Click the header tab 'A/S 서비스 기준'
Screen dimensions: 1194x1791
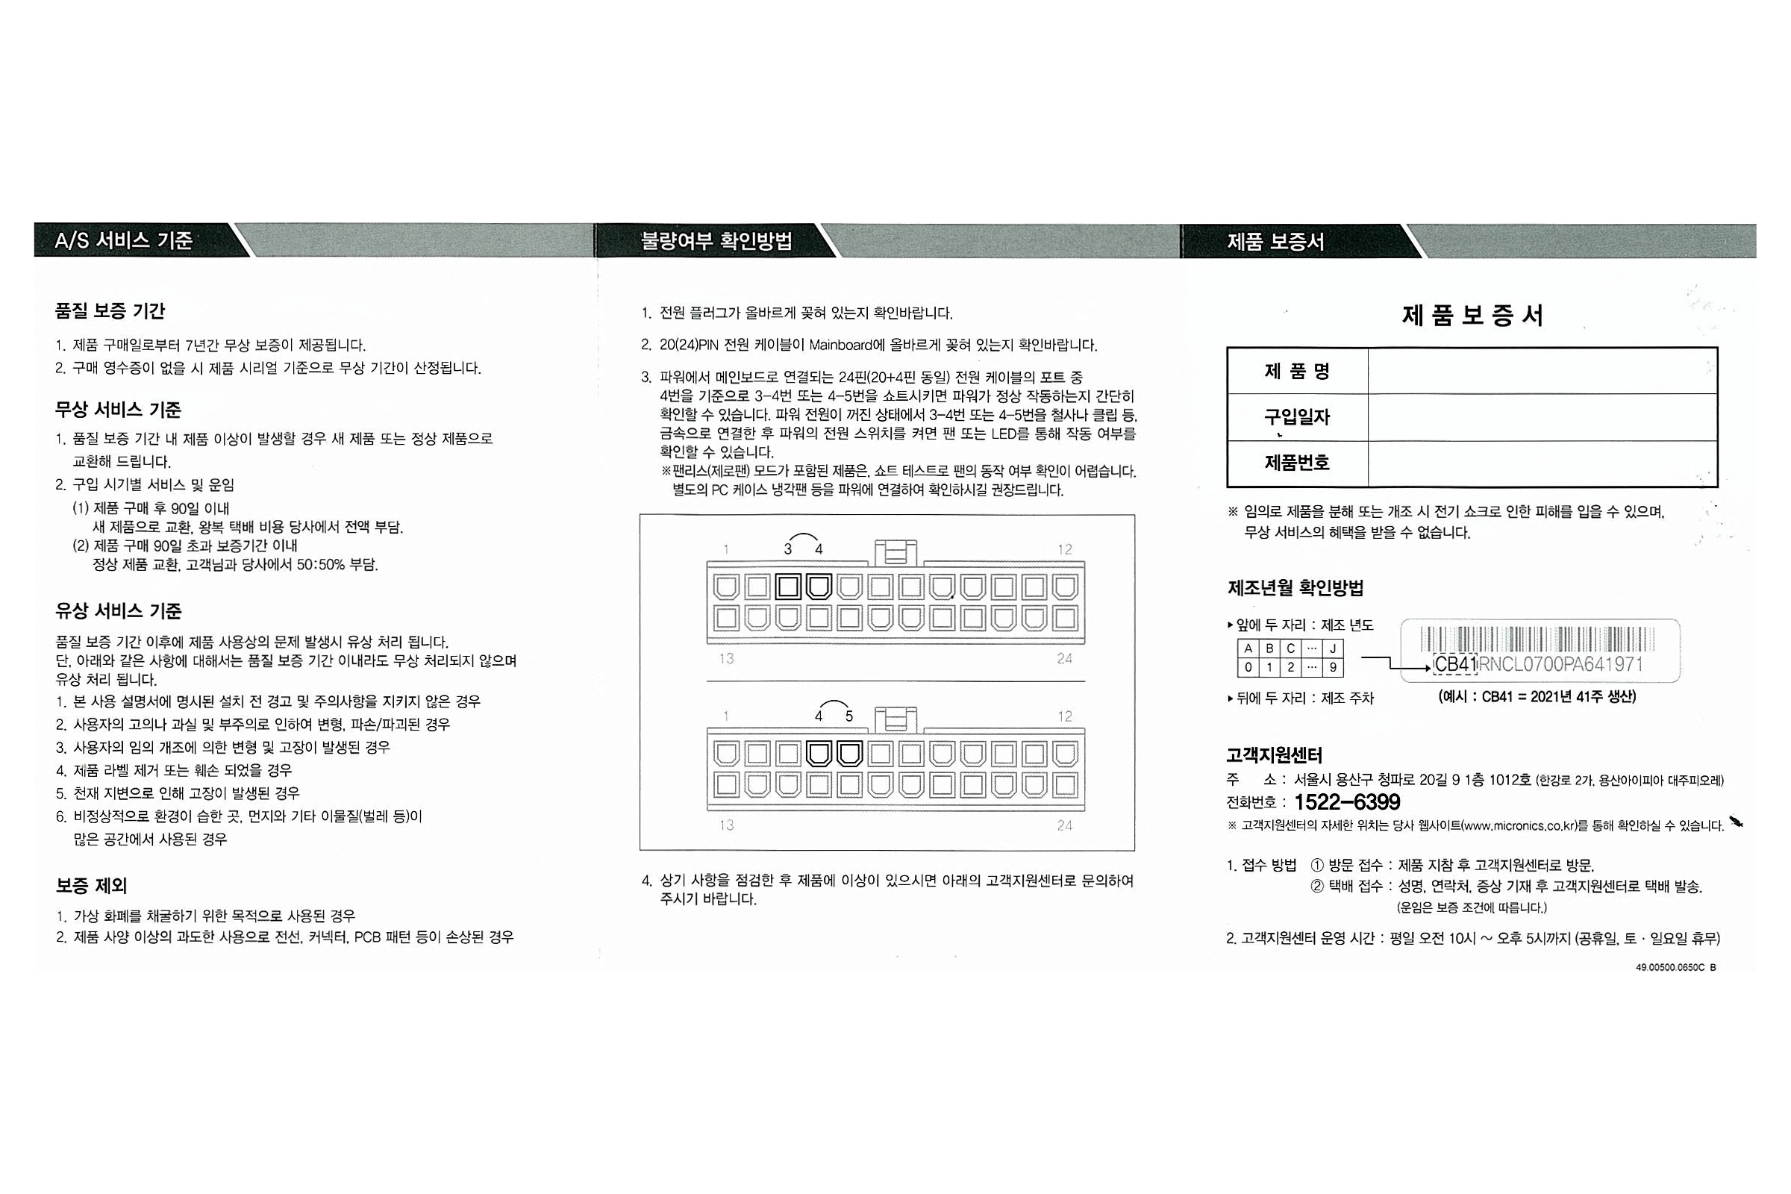124,240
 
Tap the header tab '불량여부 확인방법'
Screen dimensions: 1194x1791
716,241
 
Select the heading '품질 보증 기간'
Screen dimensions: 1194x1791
110,310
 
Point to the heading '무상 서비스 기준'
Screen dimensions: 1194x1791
118,410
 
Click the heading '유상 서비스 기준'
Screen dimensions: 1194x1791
118,610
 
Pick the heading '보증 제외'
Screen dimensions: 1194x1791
91,886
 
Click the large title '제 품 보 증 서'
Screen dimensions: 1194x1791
1472,314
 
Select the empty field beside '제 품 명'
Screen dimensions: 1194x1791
1542,371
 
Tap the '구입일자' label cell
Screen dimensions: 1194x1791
1297,417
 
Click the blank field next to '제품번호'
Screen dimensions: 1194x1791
1542,463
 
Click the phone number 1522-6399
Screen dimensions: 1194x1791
1347,801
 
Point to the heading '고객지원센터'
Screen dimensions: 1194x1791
1274,755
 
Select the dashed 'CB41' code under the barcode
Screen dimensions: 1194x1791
1455,664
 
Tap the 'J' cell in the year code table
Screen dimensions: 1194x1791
1333,648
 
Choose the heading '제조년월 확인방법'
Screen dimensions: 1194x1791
1295,588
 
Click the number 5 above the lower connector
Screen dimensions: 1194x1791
849,716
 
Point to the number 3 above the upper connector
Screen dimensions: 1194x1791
788,549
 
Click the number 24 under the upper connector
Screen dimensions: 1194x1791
1065,659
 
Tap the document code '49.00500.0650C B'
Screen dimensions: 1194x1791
1675,967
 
